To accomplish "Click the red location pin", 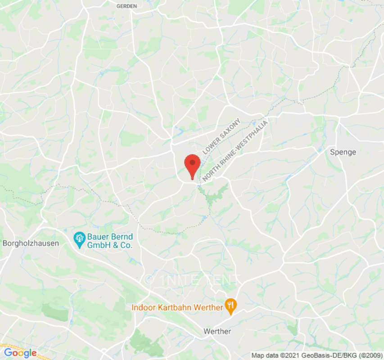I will [193, 165].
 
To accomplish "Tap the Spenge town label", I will [343, 152].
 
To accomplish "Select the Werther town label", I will [217, 331].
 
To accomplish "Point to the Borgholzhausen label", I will [31, 243].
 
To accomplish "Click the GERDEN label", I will [126, 6].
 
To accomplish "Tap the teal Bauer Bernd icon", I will [80, 239].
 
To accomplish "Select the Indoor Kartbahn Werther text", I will [177, 308].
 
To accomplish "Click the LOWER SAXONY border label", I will [221, 136].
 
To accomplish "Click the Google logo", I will [20, 353].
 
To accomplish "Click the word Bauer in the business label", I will [98, 237].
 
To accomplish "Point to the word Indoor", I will [142, 308].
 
